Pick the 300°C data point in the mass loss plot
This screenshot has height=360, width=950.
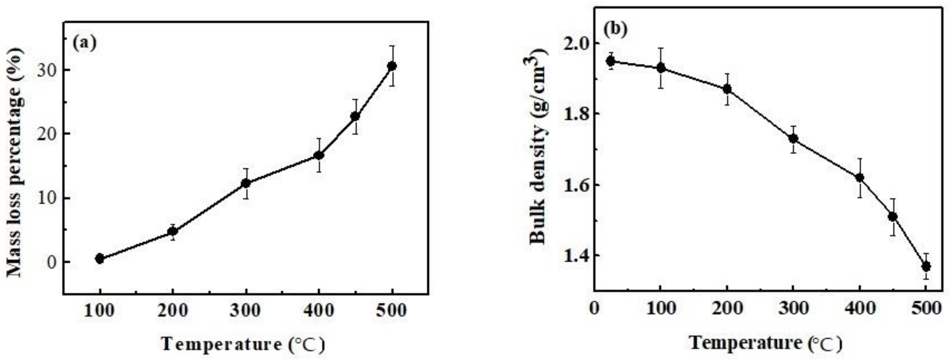point(246,183)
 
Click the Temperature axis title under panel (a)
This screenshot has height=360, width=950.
point(243,344)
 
